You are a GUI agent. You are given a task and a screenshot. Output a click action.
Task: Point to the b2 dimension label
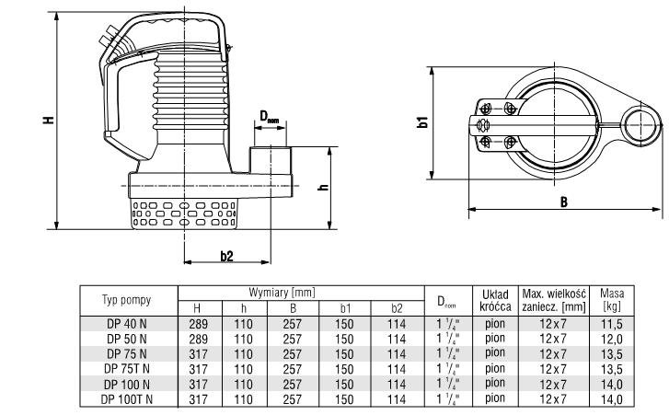click(227, 256)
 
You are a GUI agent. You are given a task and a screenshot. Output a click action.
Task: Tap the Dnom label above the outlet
click(270, 117)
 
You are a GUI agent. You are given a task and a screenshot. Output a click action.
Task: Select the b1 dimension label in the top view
click(422, 122)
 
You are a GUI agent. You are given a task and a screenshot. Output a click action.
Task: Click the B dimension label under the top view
click(563, 202)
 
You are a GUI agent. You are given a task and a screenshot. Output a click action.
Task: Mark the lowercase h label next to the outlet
click(324, 187)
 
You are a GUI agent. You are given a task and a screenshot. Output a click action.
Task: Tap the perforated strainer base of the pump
click(184, 214)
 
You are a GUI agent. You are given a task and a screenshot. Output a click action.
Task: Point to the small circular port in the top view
click(640, 124)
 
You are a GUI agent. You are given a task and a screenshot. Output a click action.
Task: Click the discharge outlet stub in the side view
click(271, 160)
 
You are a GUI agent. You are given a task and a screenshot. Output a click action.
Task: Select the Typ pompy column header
click(127, 300)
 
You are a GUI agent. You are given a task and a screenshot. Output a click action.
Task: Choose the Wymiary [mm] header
click(282, 293)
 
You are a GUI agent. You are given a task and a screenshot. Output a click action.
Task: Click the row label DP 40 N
click(127, 324)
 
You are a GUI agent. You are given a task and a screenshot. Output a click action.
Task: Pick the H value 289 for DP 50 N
click(199, 339)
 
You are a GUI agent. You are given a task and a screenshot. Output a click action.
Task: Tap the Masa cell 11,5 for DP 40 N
click(612, 324)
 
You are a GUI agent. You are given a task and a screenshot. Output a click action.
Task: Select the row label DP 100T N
click(127, 399)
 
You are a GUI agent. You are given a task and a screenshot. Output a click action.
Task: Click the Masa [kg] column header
click(612, 300)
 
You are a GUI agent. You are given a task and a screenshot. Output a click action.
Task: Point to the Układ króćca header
click(495, 300)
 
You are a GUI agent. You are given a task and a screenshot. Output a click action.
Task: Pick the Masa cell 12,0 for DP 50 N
click(612, 339)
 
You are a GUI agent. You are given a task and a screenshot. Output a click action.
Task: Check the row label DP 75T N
click(127, 369)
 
